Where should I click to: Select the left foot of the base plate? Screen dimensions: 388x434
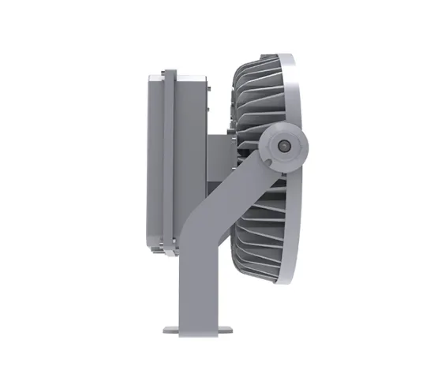169,329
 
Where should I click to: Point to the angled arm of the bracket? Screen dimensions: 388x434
237,185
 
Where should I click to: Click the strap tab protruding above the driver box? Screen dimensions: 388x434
168,73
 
